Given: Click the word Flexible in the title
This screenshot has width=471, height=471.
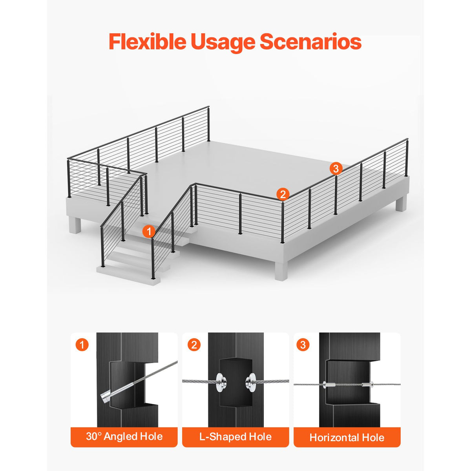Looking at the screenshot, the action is click(x=148, y=41).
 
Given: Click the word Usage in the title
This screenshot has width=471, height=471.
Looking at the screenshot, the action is click(x=223, y=42).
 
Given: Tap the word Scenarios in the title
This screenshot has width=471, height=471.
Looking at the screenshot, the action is click(x=310, y=42).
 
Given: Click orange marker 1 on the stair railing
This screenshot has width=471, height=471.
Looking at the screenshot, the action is click(x=149, y=231).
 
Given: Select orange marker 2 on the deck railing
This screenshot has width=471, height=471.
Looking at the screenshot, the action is click(x=283, y=194).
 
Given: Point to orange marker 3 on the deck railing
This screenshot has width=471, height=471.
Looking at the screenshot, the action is click(x=336, y=168).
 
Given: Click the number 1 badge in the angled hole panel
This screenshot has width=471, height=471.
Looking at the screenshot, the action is click(x=82, y=345).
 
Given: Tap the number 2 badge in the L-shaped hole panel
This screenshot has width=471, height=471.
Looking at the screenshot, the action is click(x=194, y=345).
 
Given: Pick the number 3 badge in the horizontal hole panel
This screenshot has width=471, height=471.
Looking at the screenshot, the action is click(x=303, y=345).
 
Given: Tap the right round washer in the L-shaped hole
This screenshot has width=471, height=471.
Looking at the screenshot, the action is click(x=250, y=381).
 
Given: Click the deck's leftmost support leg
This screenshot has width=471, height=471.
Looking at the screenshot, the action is click(x=75, y=225).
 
